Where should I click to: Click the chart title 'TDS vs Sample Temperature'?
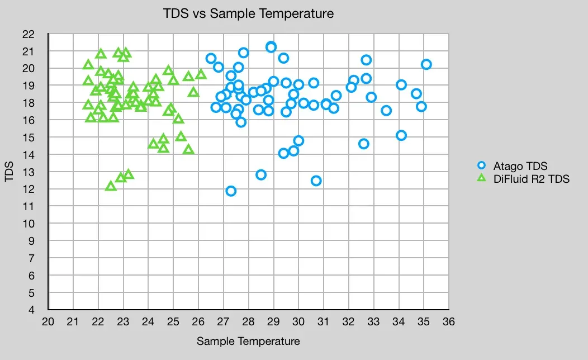pos(248,13)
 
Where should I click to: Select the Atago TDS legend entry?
pos(520,166)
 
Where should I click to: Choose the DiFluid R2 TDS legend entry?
pos(531,179)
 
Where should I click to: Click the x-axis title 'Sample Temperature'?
pos(248,341)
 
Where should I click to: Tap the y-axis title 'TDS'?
pos(10,172)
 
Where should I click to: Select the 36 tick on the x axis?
pos(448,322)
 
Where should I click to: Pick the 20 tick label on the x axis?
pos(48,322)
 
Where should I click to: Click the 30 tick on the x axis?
pos(298,322)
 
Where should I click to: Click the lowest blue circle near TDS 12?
pos(231,191)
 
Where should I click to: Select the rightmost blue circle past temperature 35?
pos(426,64)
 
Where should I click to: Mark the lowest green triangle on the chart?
pos(111,186)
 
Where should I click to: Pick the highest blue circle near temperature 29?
pos(271,47)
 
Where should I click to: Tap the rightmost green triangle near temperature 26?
pos(201,74)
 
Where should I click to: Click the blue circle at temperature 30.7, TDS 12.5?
pos(316,181)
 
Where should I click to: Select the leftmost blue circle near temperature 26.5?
pos(211,59)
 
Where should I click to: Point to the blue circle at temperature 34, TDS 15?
pos(401,135)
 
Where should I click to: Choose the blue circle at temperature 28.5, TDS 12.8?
pos(261,175)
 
